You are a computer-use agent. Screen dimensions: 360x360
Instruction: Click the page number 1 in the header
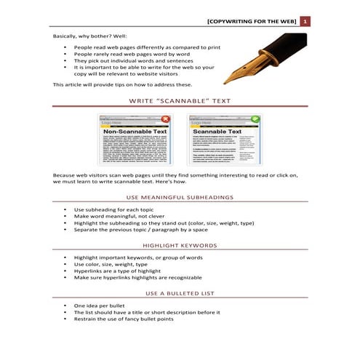[x=305, y=21]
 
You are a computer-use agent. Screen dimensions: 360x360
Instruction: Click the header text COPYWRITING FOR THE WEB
[x=252, y=21]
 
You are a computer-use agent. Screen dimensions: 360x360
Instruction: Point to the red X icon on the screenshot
[x=166, y=119]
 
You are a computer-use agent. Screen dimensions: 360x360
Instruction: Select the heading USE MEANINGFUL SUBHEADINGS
[x=180, y=196]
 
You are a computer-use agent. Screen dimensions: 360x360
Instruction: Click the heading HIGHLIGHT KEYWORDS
[x=180, y=245]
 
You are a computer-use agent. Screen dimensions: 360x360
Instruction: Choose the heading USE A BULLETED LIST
[x=180, y=293]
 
